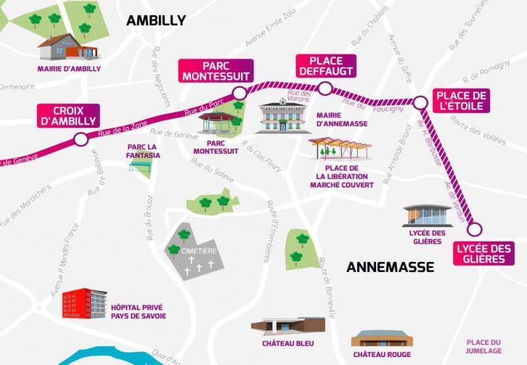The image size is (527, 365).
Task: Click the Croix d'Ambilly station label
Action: [69, 116]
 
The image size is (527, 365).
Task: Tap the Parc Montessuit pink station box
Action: [216, 71]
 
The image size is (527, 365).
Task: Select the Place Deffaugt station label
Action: [325, 66]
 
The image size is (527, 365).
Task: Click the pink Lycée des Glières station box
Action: [484, 253]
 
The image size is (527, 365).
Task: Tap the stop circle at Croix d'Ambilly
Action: [80, 139]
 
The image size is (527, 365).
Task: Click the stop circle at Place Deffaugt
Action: [324, 88]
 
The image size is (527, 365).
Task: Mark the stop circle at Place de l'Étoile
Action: [420, 102]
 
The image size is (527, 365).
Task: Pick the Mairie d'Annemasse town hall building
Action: [283, 116]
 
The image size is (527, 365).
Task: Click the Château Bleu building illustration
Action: [288, 327]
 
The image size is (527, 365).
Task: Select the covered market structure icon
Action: [340, 148]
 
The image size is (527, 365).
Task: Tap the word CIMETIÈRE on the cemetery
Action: [198, 251]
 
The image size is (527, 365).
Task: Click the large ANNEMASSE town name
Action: [390, 267]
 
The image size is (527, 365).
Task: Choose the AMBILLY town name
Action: [156, 20]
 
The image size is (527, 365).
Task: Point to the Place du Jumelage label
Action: [484, 347]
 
